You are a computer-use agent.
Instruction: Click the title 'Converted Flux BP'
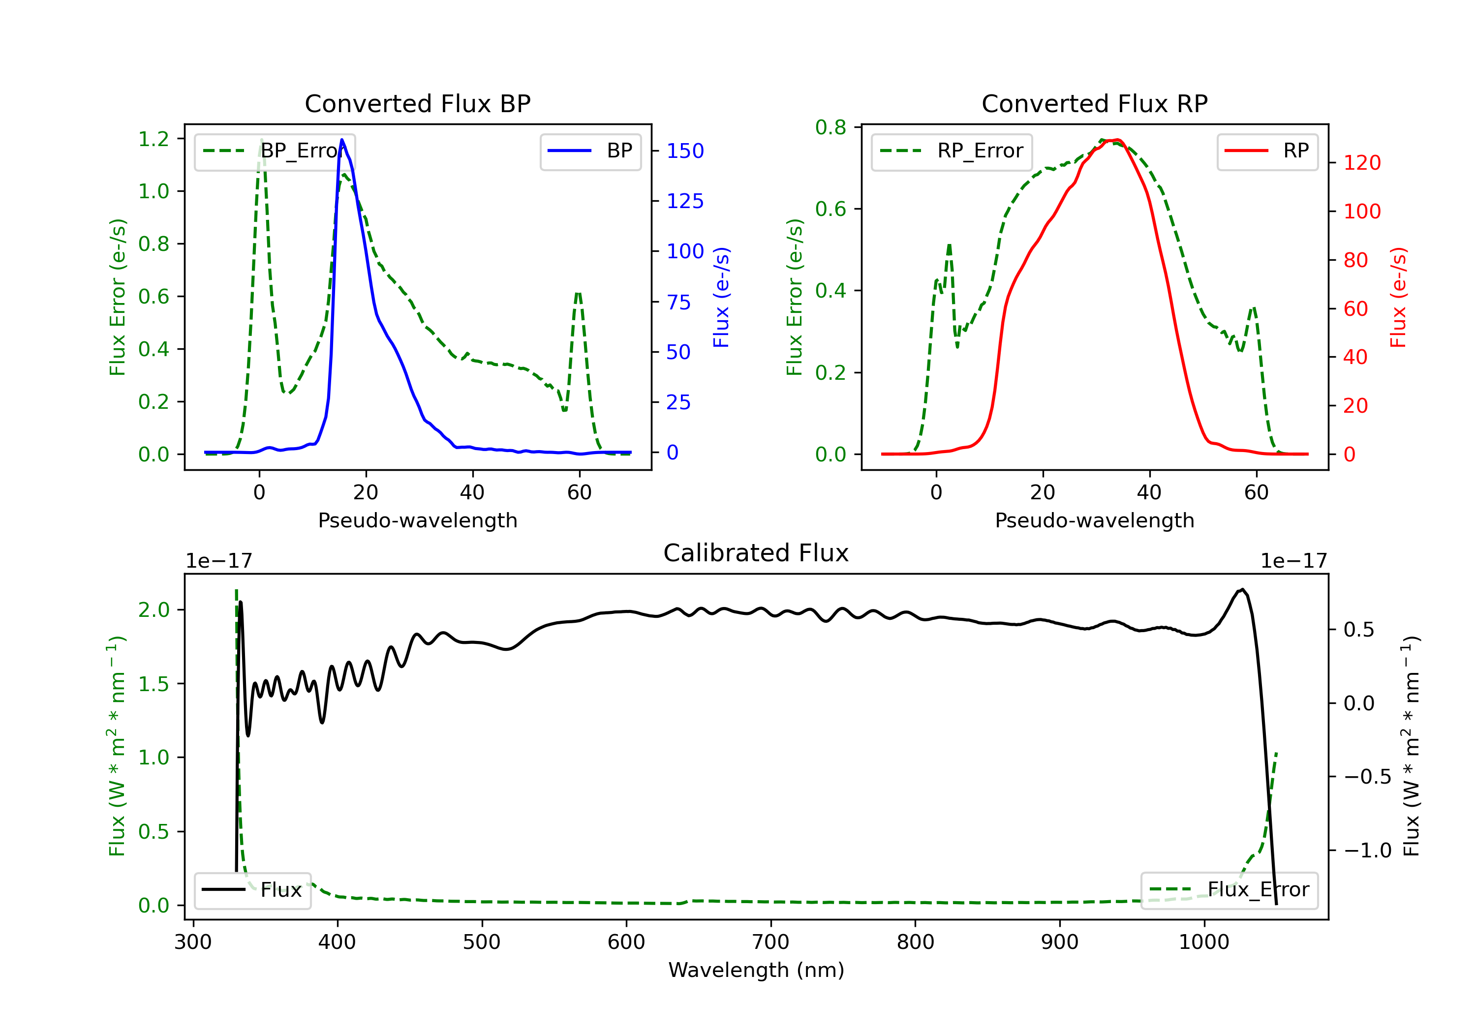pyautogui.click(x=417, y=103)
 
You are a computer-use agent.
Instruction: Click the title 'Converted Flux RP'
pyautogui.click(x=1094, y=103)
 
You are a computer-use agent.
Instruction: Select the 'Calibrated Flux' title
pyautogui.click(x=756, y=553)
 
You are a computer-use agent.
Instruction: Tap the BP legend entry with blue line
pyautogui.click(x=590, y=151)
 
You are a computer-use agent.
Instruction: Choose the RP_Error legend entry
pyautogui.click(x=952, y=151)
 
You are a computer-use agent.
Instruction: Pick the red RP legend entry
pyautogui.click(x=1267, y=151)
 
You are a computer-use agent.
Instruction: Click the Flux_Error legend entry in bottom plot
pyautogui.click(x=1229, y=890)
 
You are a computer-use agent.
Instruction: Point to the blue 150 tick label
pyautogui.click(x=685, y=151)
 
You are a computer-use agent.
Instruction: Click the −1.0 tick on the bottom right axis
pyautogui.click(x=1367, y=851)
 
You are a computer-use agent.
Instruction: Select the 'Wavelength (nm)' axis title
pyautogui.click(x=756, y=970)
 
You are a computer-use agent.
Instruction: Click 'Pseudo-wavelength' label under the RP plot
pyautogui.click(x=1094, y=520)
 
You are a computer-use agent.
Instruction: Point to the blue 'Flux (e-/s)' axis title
pyautogui.click(x=721, y=297)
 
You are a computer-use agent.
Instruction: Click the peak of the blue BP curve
pyautogui.click(x=342, y=140)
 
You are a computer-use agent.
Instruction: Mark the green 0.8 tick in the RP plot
pyautogui.click(x=830, y=127)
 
